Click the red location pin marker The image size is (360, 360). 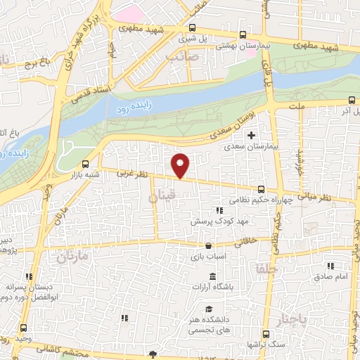click(181, 165)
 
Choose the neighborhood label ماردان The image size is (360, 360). click(72, 256)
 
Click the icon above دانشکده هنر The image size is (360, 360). click(208, 309)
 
